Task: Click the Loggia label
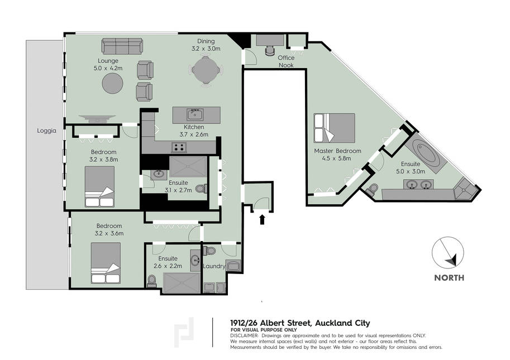pos(46,131)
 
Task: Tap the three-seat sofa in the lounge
pos(122,46)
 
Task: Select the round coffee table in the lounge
pos(112,84)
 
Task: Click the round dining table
pos(206,70)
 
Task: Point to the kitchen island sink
pos(195,114)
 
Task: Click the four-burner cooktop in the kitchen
pos(179,147)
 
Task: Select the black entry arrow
pos(262,219)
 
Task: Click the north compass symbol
pos(448,252)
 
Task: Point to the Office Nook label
pos(286,61)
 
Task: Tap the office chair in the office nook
pos(270,50)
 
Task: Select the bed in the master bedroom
pos(335,128)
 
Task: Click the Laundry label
pos(214,266)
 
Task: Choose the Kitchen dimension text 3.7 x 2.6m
pos(194,134)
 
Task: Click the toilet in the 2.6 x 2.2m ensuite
pos(151,281)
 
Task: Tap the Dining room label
pos(206,41)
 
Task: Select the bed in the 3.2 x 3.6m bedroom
pos(106,263)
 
